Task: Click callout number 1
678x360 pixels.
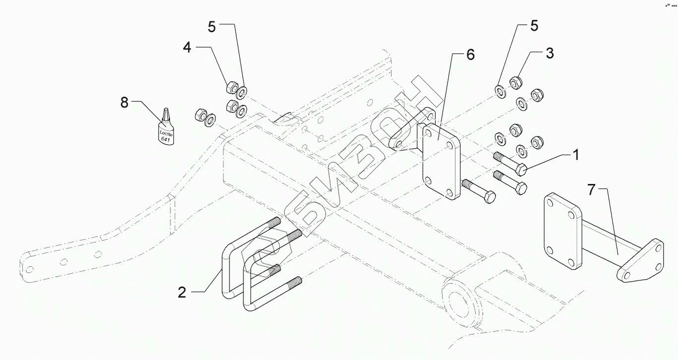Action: click(576, 155)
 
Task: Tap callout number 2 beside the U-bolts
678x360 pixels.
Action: click(182, 293)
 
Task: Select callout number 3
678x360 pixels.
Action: click(550, 53)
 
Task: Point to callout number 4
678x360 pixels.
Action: click(187, 48)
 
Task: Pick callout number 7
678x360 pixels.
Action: click(591, 190)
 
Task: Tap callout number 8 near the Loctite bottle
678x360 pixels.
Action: click(124, 103)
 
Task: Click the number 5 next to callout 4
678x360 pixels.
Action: click(212, 27)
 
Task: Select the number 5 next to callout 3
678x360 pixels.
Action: click(534, 26)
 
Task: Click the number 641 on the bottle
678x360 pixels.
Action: click(165, 139)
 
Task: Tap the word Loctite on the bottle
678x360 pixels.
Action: click(166, 133)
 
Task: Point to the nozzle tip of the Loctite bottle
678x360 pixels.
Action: click(166, 109)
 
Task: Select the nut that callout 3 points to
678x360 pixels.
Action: click(515, 83)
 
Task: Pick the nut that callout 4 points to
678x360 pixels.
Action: click(232, 87)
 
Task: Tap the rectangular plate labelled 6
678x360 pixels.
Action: click(441, 162)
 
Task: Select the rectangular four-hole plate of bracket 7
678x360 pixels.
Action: click(563, 231)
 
